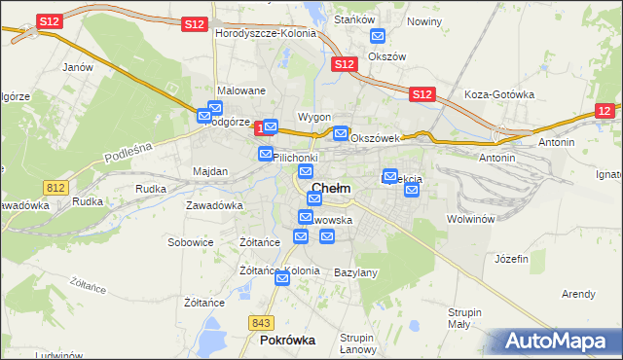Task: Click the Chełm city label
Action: point(331,188)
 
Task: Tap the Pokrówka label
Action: point(287,341)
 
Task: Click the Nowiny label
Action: point(424,20)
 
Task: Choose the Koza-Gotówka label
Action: point(500,94)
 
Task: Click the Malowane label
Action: point(241,90)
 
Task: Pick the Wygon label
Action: point(314,117)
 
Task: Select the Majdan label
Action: point(210,171)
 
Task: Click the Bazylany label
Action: point(355,272)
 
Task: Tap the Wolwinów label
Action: point(472,219)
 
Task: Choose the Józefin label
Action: point(511,259)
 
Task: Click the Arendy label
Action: point(578,294)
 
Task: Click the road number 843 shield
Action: point(260,322)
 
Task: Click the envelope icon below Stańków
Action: point(378,37)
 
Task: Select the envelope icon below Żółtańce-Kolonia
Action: point(282,279)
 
